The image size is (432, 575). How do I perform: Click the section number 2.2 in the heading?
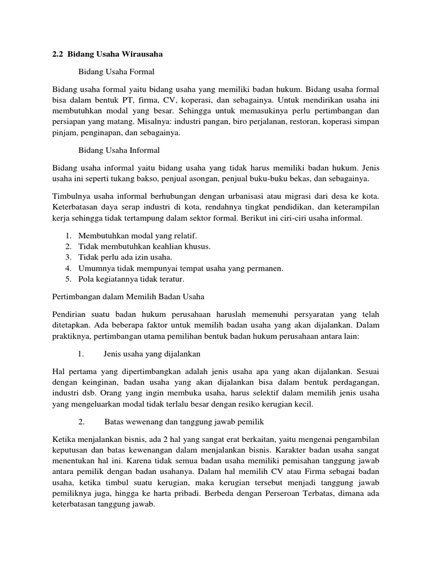(x=57, y=54)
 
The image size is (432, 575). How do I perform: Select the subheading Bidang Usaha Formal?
(x=116, y=72)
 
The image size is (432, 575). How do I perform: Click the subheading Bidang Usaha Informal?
(x=119, y=150)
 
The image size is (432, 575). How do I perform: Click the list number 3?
(x=67, y=257)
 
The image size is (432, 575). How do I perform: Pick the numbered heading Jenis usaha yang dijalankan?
(x=152, y=354)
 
